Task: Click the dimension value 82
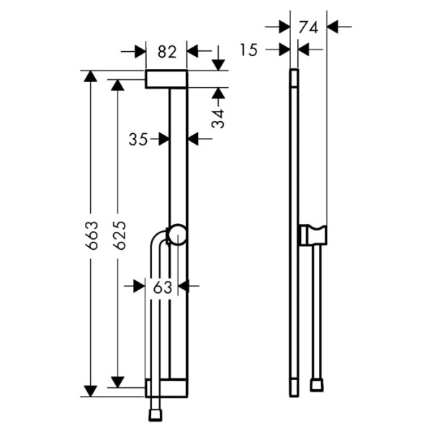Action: coord(166,51)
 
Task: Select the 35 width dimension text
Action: coord(138,139)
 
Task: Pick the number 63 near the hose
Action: coord(163,287)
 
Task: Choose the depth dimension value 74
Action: coord(308,27)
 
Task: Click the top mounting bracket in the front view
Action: coord(166,79)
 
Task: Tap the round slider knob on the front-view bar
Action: coord(177,235)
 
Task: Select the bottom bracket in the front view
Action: coord(166,389)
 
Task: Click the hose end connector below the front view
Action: coord(154,415)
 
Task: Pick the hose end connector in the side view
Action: coord(316,385)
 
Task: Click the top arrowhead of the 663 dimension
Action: coord(90,76)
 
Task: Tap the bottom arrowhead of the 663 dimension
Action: coord(90,390)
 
